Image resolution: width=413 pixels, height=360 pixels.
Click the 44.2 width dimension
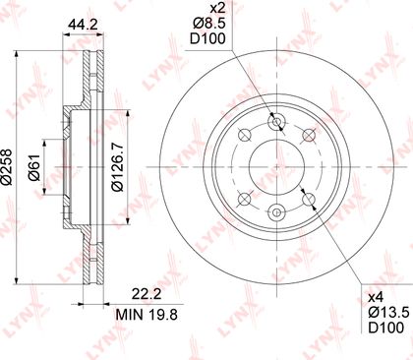[x=83, y=25]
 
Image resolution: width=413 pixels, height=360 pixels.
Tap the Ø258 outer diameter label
[x=6, y=167]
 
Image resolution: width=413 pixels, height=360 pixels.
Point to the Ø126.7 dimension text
[x=117, y=167]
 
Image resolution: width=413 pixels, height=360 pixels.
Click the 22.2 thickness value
[x=147, y=294]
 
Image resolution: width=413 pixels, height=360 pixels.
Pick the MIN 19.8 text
[x=147, y=315]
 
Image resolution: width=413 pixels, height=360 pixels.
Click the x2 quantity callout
[x=217, y=8]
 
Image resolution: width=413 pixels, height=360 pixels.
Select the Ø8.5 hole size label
[x=209, y=24]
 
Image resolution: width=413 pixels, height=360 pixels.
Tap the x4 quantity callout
[x=375, y=298]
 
